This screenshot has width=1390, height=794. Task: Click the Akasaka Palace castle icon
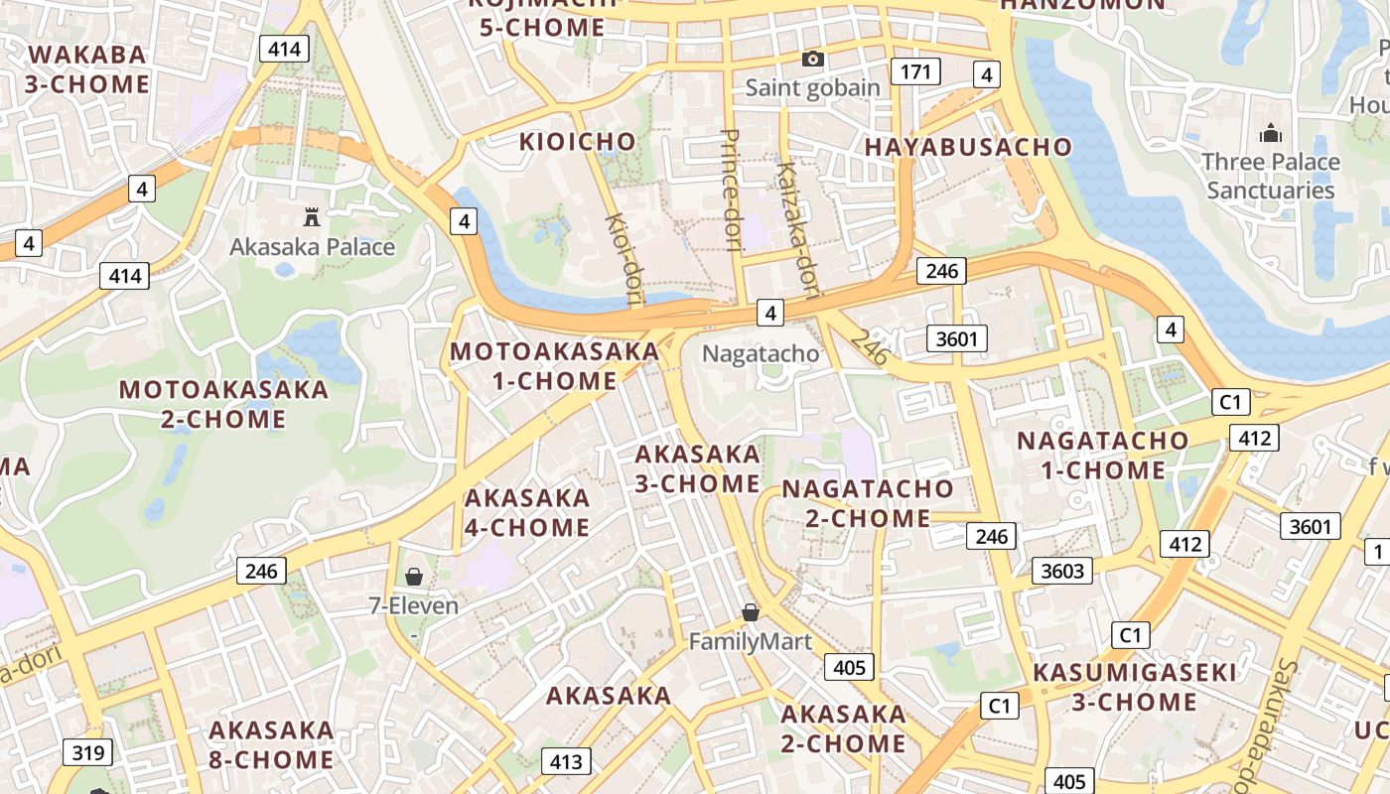tap(312, 216)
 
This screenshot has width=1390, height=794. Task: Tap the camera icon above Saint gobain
tap(812, 60)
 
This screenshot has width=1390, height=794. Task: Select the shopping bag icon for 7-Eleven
tap(414, 577)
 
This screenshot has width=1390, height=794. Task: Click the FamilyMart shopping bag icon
tap(751, 612)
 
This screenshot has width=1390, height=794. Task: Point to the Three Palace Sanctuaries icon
tap(1270, 133)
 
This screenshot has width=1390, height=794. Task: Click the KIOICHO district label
tap(577, 142)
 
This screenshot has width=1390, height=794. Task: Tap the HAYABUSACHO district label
tap(968, 147)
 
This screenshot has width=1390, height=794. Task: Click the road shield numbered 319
tap(87, 752)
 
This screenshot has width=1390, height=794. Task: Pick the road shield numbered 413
tap(566, 762)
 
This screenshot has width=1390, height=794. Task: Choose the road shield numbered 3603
tap(1062, 571)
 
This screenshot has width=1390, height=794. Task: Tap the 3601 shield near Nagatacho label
tap(957, 338)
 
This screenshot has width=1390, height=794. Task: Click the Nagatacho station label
tap(761, 353)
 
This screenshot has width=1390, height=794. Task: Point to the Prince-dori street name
tap(730, 190)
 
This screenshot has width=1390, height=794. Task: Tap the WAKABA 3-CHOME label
tap(87, 69)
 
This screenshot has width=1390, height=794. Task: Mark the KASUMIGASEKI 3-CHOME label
tap(1134, 687)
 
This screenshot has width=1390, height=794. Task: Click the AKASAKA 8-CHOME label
tap(271, 745)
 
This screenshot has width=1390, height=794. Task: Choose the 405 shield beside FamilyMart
tap(849, 667)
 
